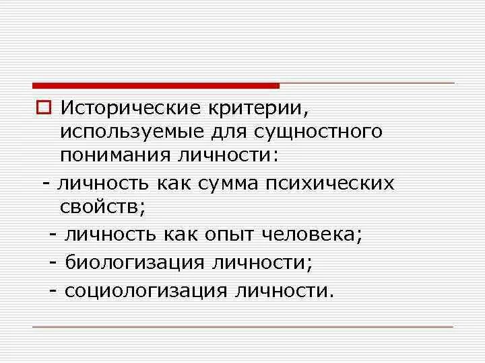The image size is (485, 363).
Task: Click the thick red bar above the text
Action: click(x=156, y=85)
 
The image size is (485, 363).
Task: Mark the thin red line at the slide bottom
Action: click(x=243, y=327)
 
